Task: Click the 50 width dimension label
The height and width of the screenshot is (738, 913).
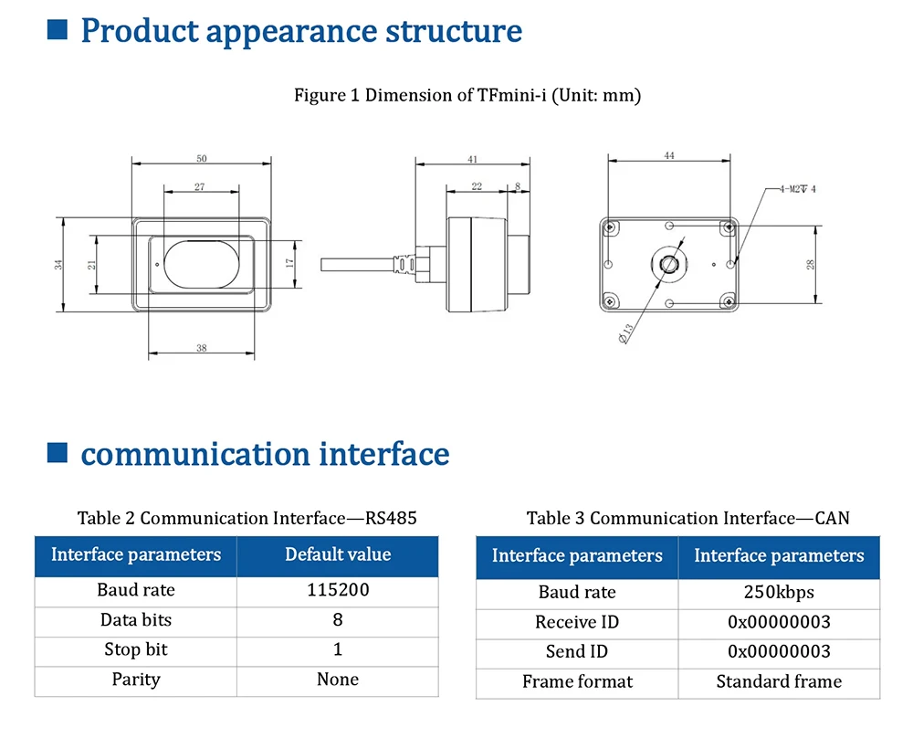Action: (x=202, y=158)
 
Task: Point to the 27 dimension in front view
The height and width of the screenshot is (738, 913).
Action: (x=200, y=187)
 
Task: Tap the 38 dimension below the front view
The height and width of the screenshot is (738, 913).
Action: (x=202, y=348)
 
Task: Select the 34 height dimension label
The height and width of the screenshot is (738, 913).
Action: (x=58, y=265)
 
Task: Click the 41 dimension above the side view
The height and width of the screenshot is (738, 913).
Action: (x=472, y=159)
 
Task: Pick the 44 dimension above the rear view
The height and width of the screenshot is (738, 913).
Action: (x=669, y=155)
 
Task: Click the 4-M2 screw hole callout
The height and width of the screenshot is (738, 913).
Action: (x=798, y=189)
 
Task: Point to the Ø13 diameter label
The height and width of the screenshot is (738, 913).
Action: (x=625, y=333)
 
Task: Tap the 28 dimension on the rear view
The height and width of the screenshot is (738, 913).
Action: (x=811, y=265)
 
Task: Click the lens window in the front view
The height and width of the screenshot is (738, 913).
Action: (x=202, y=264)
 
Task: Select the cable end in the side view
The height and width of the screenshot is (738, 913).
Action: (x=323, y=265)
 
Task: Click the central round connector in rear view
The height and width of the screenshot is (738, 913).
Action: (x=668, y=265)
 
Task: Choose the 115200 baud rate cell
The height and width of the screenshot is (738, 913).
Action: (x=338, y=590)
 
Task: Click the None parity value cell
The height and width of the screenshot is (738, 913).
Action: (x=338, y=680)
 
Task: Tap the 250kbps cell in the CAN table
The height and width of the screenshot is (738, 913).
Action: (x=779, y=593)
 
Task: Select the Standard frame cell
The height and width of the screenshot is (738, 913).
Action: (x=779, y=681)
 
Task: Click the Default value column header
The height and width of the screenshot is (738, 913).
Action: (x=338, y=554)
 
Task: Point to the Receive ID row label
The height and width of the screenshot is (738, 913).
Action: (x=577, y=622)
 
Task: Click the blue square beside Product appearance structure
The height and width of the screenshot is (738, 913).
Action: (x=57, y=29)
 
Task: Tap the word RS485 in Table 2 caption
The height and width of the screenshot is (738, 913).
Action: (x=391, y=518)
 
